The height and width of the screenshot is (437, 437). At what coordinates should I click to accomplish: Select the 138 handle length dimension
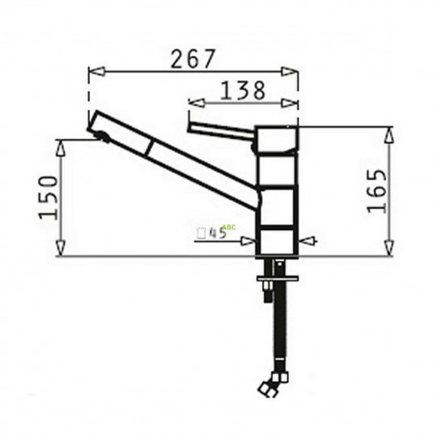242,89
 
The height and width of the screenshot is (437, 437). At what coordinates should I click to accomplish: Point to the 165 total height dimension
377,190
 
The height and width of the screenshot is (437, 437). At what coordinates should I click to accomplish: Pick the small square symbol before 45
200,233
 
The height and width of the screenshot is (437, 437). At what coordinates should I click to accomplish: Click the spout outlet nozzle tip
98,133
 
